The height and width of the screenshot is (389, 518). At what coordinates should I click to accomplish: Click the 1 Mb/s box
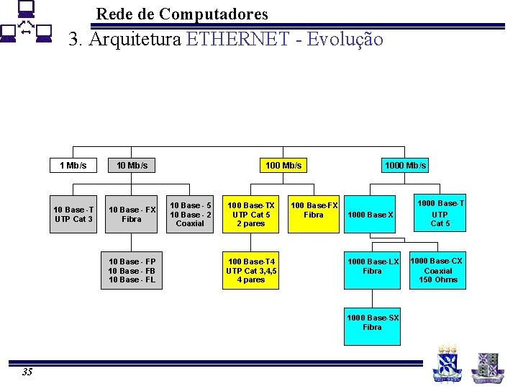[73, 166]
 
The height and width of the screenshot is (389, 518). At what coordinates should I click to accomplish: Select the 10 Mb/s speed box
[132, 166]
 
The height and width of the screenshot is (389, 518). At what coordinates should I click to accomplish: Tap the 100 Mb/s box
[283, 166]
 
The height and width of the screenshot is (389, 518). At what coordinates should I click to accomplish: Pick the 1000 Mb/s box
[405, 166]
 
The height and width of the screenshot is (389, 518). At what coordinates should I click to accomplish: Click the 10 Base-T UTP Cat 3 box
[73, 214]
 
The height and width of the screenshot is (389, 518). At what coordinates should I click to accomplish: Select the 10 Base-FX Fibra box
[132, 214]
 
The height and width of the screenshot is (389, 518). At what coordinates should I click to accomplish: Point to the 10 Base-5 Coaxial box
[190, 214]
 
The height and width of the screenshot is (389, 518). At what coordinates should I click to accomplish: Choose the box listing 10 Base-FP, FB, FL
[132, 270]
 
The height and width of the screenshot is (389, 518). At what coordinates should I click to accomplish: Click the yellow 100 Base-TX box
[251, 214]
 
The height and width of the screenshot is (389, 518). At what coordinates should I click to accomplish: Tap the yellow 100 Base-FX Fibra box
[314, 214]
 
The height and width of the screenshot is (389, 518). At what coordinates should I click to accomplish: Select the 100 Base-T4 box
[251, 270]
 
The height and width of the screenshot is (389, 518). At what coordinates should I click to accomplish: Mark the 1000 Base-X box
[371, 215]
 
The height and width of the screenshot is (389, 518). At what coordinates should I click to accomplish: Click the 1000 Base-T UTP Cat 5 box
[440, 214]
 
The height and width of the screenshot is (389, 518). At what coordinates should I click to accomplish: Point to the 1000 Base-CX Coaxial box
[437, 270]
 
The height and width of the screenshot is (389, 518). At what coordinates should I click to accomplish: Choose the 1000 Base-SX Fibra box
[372, 322]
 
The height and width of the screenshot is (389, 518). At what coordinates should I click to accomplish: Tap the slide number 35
[27, 372]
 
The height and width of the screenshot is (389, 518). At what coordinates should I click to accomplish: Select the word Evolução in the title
[345, 39]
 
